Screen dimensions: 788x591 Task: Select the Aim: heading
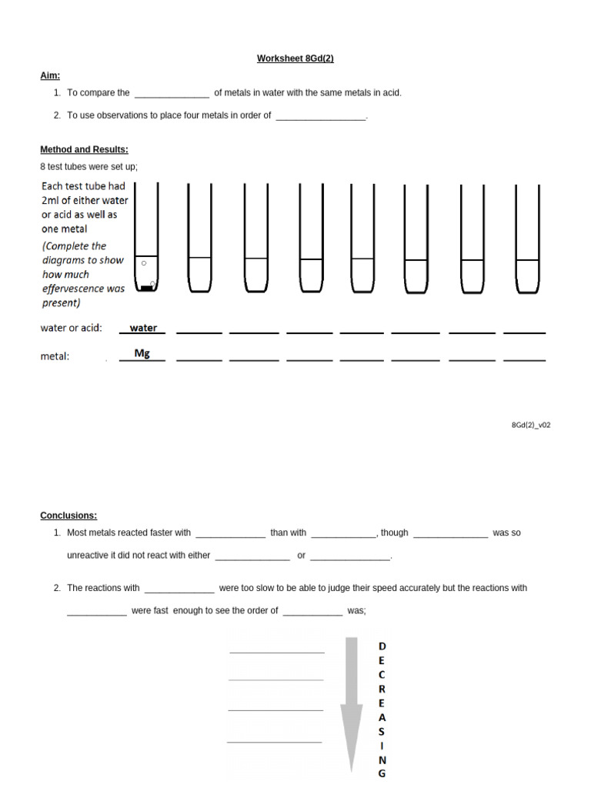(50, 75)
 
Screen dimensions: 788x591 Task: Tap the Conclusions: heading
(68, 516)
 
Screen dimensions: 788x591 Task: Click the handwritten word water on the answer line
(143, 328)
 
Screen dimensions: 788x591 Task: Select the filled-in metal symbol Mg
(142, 353)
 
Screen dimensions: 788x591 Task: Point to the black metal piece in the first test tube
(145, 289)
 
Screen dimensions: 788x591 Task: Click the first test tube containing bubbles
(146, 239)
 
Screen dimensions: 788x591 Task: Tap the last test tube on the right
(528, 239)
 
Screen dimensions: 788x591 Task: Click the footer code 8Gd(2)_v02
(531, 425)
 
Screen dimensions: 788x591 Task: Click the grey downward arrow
(352, 700)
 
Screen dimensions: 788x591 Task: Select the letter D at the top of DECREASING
(382, 646)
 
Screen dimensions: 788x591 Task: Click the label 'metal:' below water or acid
(55, 356)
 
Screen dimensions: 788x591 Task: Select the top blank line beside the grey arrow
(277, 651)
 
